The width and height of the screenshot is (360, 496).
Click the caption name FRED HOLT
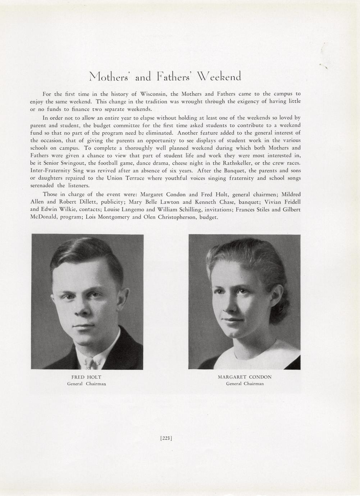point(86,377)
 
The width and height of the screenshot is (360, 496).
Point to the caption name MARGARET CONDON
point(245,377)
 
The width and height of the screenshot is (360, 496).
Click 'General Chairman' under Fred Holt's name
point(86,384)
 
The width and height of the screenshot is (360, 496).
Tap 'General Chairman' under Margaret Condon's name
point(245,384)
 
